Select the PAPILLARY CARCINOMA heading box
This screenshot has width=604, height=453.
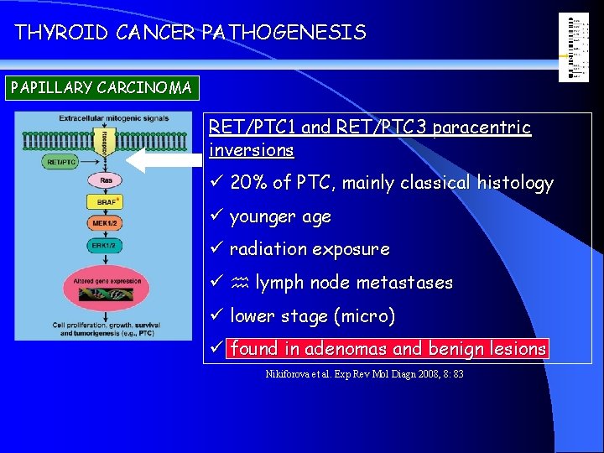101,87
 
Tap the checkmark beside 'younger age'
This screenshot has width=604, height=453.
216,216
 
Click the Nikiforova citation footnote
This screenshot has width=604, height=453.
364,373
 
